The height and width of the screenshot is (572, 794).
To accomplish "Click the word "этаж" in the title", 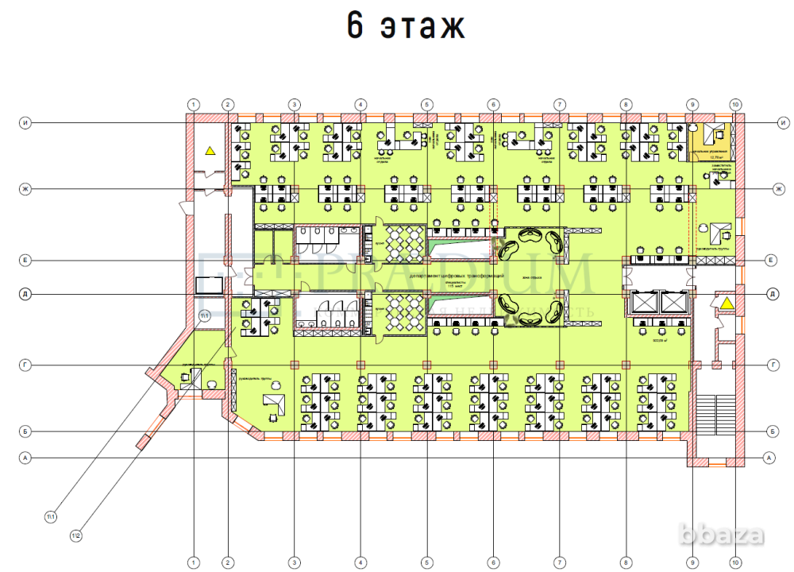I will (x=422, y=27).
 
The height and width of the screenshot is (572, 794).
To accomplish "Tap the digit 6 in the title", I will (x=356, y=27).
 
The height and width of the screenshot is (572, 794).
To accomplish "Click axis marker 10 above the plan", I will (x=735, y=104).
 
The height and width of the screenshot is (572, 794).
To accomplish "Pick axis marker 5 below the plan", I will (x=427, y=562).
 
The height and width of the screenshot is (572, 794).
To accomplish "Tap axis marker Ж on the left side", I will (x=25, y=188).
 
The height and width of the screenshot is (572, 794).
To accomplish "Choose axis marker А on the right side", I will (x=768, y=458).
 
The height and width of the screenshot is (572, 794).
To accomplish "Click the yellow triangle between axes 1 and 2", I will (x=210, y=149).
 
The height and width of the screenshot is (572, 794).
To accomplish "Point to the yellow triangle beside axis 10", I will (x=725, y=302).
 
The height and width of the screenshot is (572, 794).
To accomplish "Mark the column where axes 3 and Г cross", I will (x=295, y=365).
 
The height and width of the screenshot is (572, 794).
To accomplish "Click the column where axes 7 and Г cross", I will (x=560, y=365).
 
